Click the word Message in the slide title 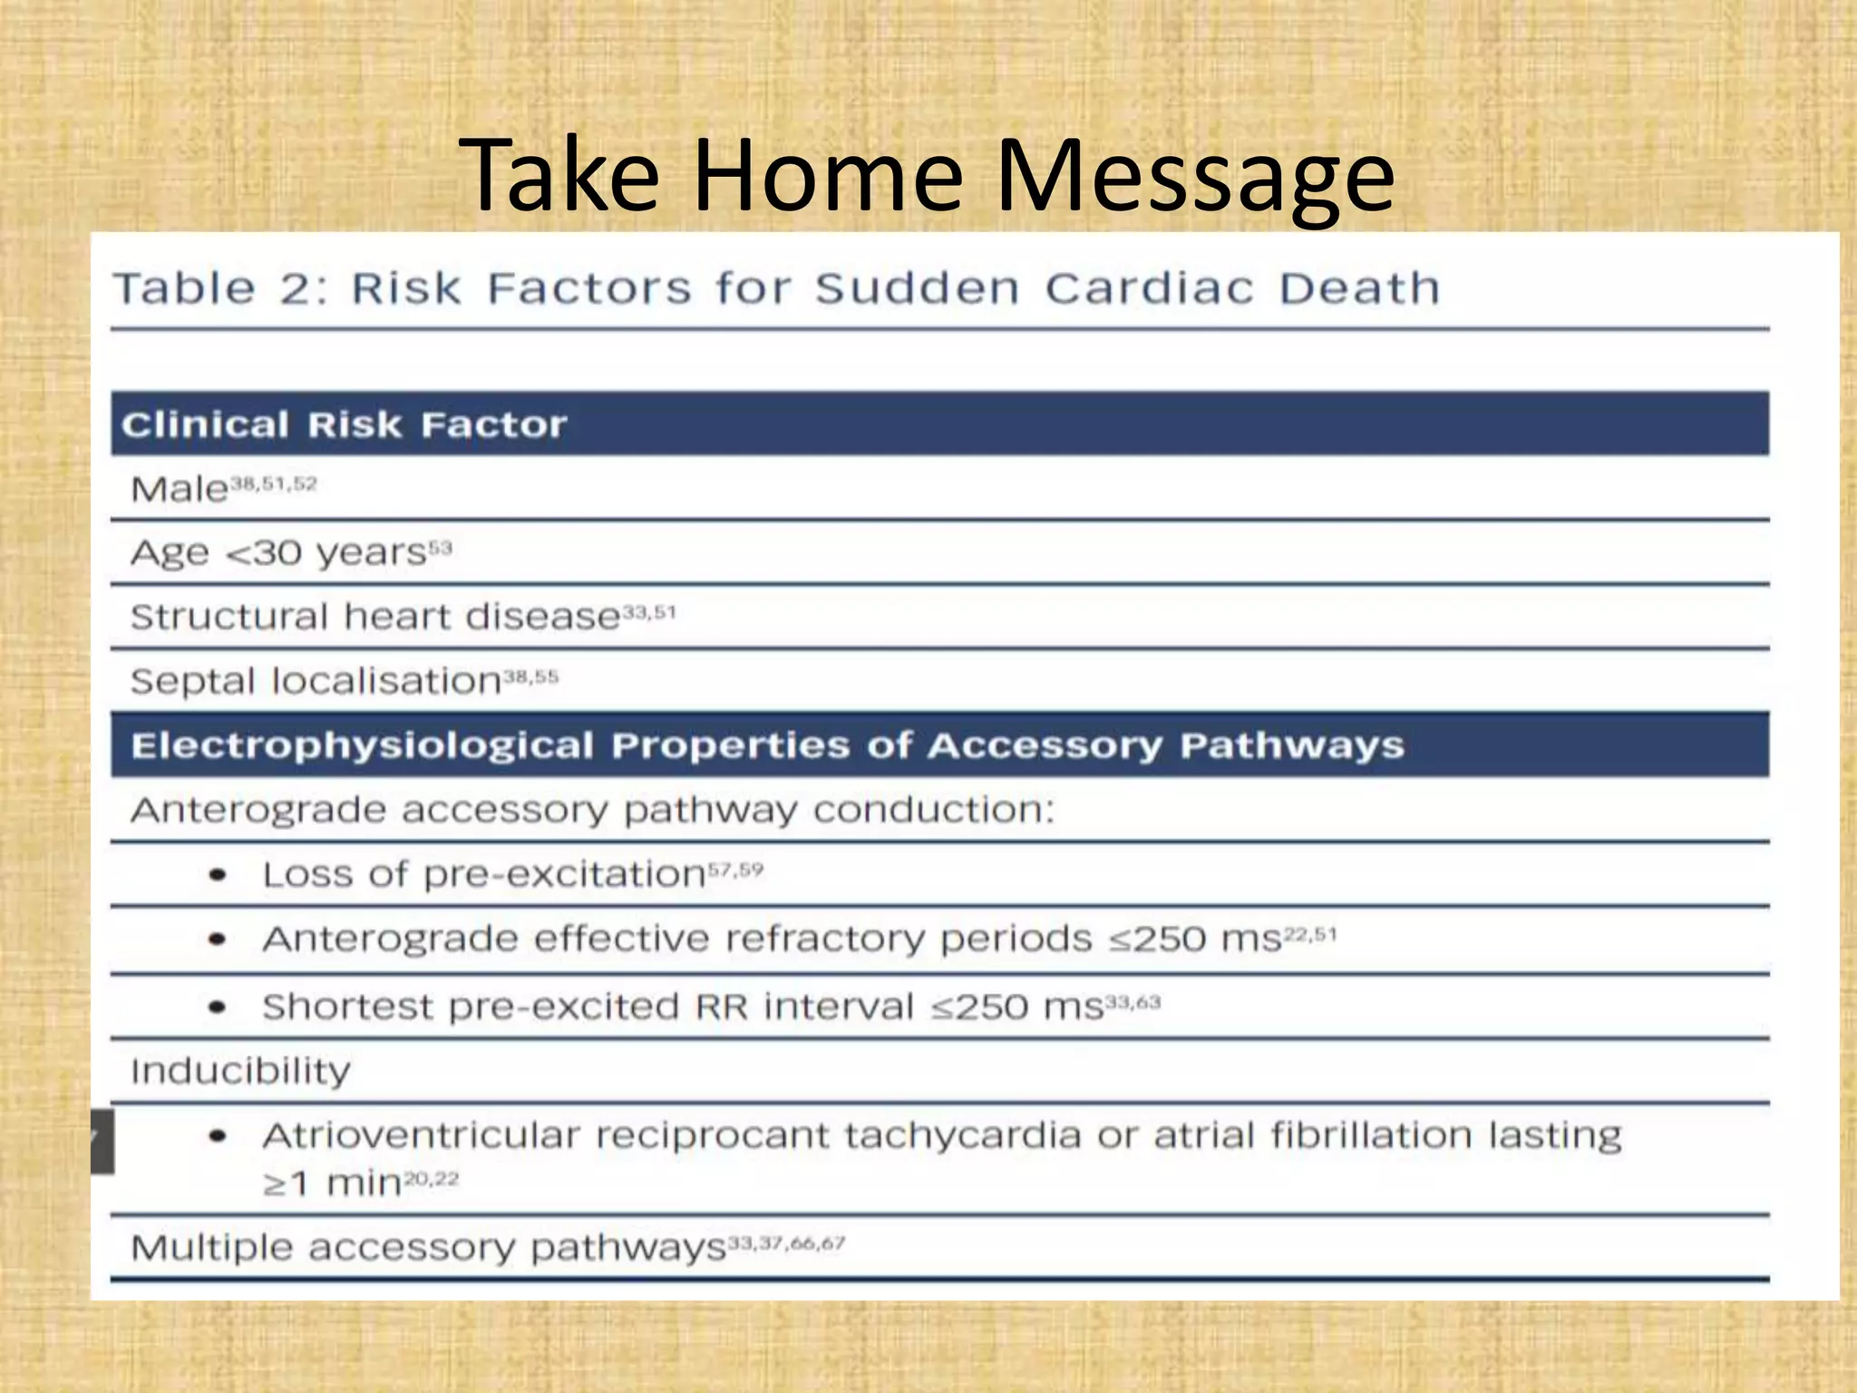click(1195, 177)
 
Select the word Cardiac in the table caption click(1149, 289)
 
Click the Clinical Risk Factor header click(345, 424)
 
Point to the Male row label click(180, 490)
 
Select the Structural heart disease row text click(374, 618)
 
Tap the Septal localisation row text click(316, 681)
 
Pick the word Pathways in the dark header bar click(1291, 745)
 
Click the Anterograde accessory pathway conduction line click(592, 810)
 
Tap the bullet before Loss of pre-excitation click(218, 875)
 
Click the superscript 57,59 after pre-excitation click(735, 871)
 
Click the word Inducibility click(240, 1071)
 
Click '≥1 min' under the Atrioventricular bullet click(332, 1184)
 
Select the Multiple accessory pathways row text click(428, 1249)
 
